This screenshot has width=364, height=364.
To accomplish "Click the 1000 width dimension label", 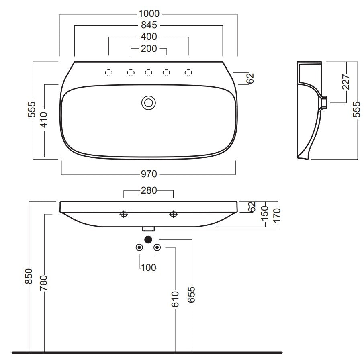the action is coord(149,14).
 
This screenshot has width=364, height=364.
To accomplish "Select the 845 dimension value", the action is coord(149,25).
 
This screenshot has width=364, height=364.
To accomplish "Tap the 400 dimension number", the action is coord(149,37).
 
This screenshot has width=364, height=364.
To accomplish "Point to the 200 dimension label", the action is coord(149,49).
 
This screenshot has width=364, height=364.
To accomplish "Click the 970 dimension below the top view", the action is coord(149,174).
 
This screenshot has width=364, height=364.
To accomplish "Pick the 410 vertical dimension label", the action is coord(44,120).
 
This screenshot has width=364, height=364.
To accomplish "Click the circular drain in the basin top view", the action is coord(149,103).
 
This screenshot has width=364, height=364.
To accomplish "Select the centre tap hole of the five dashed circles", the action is coord(149,73).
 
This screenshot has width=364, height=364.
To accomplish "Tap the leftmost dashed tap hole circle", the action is coord(108,73).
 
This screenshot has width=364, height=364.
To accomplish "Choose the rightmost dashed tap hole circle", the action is coord(188,73).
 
